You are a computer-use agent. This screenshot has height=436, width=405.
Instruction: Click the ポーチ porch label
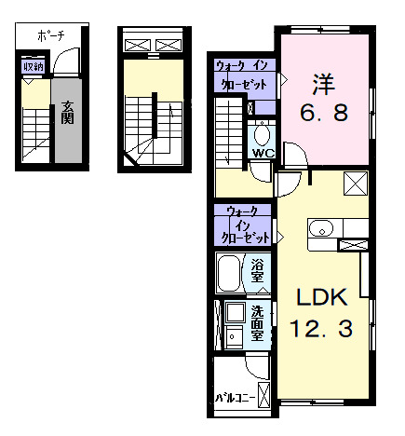pos(51,36)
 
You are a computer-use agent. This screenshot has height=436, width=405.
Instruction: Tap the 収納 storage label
pos(34,67)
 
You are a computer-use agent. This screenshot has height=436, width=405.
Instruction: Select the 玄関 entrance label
pos(67,113)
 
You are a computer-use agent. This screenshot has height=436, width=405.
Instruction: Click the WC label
pos(263,153)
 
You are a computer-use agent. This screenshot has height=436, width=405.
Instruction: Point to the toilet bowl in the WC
pos(262,135)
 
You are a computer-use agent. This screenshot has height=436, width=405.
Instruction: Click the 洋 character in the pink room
pos(323,84)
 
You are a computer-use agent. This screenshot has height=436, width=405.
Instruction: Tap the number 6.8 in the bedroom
pos(324,113)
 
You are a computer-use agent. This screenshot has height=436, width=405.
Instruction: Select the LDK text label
pos(322,297)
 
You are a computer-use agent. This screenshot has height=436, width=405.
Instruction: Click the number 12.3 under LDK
pos(321,329)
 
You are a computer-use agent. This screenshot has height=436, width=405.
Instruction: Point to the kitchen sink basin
pos(321,229)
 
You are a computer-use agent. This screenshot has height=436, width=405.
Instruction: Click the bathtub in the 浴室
pos(229,273)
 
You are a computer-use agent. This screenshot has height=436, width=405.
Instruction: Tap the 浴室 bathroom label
pos(257,271)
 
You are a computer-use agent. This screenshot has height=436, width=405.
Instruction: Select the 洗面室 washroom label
pos(257,323)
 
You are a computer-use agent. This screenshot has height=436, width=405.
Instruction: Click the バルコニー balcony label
pos(236,398)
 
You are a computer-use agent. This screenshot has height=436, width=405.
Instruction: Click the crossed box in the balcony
pos(263,395)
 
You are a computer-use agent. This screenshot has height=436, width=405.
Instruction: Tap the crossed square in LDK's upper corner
pos(356,184)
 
